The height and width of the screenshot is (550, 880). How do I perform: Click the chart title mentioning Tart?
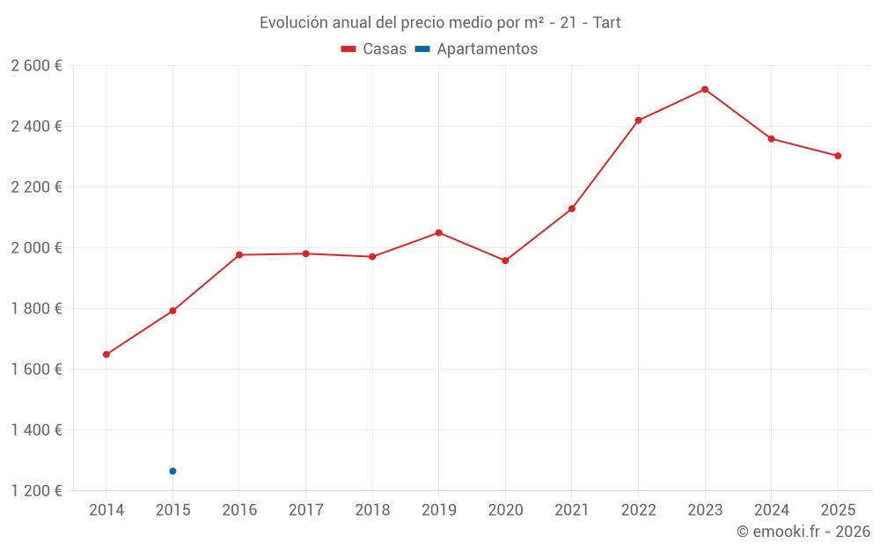pos(440,23)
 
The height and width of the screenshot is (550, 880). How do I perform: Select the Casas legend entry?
pos(374,49)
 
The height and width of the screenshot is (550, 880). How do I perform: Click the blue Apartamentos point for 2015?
pos(172,471)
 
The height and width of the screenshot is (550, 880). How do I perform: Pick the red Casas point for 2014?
pos(106,355)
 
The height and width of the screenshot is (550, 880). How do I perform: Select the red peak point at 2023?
pos(705,89)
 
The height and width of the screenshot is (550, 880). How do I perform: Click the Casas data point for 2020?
pos(505,260)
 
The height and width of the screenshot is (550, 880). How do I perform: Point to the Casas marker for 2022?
pos(638,121)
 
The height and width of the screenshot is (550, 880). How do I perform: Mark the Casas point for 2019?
pos(438,232)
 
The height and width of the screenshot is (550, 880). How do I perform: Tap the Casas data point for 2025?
pos(838,156)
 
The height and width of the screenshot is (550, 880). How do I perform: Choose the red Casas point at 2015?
pos(172,311)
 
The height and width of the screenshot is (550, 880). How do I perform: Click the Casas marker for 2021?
pos(572,209)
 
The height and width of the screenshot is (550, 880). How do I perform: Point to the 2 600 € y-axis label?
pos(37,66)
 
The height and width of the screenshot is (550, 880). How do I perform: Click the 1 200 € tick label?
pos(37,491)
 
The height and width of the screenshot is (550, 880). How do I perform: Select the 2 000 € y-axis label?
pos(37,248)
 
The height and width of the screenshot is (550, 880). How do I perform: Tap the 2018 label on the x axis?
pos(372,510)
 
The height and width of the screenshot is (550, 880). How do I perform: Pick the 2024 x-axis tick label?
pos(771,510)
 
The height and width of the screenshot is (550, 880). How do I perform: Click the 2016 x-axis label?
pos(239,510)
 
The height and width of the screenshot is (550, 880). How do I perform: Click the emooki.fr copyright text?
pos(803,532)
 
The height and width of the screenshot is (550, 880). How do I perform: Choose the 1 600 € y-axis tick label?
pos(37,370)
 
